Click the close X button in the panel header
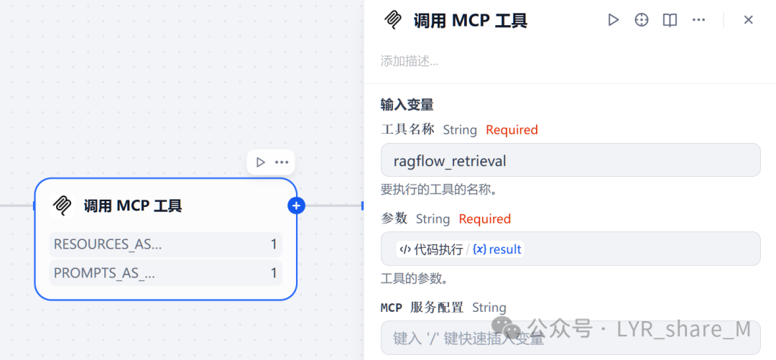(748, 20)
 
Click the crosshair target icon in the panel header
(642, 20)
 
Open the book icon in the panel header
(670, 20)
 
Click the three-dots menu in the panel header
(698, 20)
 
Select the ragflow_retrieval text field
(570, 160)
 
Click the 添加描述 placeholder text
(410, 61)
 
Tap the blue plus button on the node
(296, 206)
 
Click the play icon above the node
(260, 162)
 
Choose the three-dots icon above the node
(282, 162)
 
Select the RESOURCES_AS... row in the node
(165, 244)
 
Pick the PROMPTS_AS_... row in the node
(165, 273)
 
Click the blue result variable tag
(497, 249)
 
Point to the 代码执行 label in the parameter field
(438, 249)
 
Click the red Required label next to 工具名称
(512, 130)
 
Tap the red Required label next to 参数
(485, 219)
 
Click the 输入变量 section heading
(407, 105)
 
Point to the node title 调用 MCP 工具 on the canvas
(133, 206)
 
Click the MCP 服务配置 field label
(422, 308)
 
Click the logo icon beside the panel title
(393, 20)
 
